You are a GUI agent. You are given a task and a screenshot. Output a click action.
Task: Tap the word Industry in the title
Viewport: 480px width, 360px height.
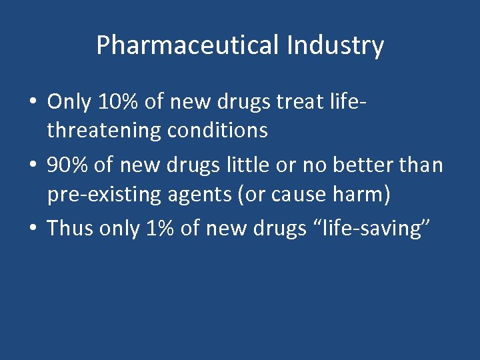(x=335, y=45)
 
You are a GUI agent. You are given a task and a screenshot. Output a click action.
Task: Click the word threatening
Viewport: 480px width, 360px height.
(x=104, y=131)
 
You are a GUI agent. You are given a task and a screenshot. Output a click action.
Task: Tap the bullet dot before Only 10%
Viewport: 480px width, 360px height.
(x=32, y=103)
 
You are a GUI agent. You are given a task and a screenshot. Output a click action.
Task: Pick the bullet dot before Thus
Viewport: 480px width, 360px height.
(x=32, y=229)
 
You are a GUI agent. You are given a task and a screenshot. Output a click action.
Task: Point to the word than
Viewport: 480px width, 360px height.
(x=423, y=164)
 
